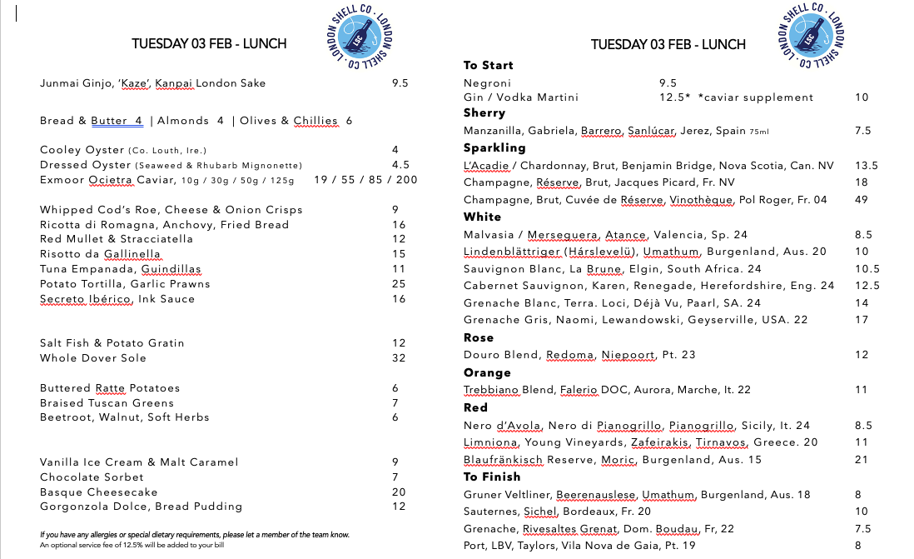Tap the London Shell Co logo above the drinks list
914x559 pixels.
pos(811,39)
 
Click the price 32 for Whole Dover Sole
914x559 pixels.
pos(399,358)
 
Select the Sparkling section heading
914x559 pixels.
pos(494,147)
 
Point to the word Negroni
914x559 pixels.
pos(487,83)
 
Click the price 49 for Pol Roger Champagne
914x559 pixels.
pos(862,199)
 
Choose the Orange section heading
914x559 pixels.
pos(487,372)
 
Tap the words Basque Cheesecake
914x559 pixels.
pos(98,492)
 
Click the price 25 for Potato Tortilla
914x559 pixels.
pos(399,284)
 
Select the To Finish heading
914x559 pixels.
pos(491,477)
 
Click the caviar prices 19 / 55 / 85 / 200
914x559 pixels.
pos(365,180)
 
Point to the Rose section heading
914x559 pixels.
pos(479,337)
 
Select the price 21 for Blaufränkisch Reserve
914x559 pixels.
pos(862,460)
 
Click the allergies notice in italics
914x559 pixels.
pos(195,535)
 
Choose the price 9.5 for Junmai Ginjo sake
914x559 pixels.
pos(400,83)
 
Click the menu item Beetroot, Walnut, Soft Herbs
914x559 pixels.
pos(112,417)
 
